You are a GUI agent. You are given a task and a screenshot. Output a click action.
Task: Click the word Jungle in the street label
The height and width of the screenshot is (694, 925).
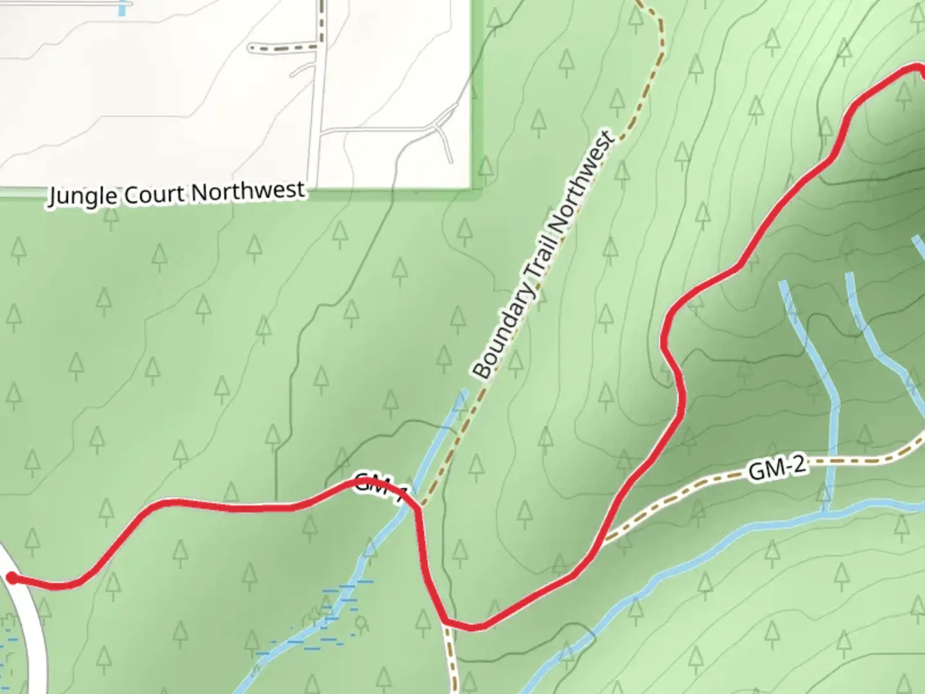coord(83,197)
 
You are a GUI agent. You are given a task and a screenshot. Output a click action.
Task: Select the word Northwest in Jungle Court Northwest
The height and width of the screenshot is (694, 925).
coord(249,191)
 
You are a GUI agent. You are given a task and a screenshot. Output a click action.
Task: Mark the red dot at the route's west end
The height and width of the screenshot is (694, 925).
coord(12,578)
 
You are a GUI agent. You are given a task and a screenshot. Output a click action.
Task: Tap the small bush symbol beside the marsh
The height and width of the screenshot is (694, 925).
coord(361,621)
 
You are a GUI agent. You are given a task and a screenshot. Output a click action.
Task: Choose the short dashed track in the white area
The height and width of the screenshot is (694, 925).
coord(283,48)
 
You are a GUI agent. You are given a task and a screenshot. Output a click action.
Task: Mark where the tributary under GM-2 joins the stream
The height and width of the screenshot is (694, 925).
coord(826,511)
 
